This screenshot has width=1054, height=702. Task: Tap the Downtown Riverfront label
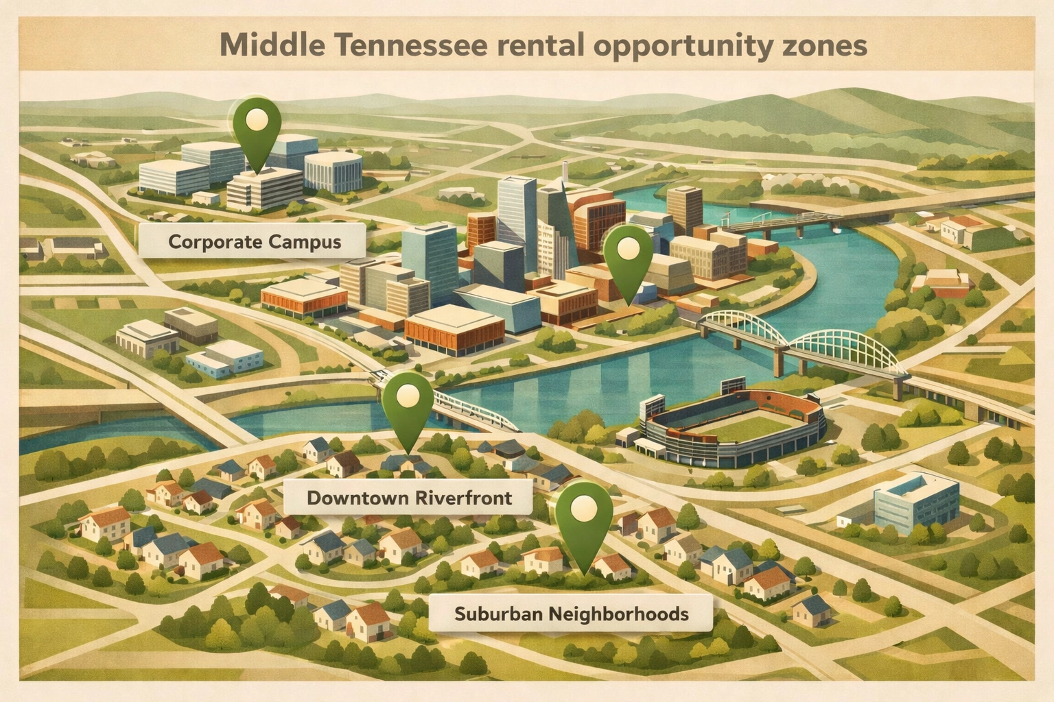tap(409, 497)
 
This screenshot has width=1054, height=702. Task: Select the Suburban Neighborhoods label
tap(571, 613)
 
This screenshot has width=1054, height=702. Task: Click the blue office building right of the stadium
tap(917, 504)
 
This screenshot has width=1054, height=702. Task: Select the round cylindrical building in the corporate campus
tap(333, 171)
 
